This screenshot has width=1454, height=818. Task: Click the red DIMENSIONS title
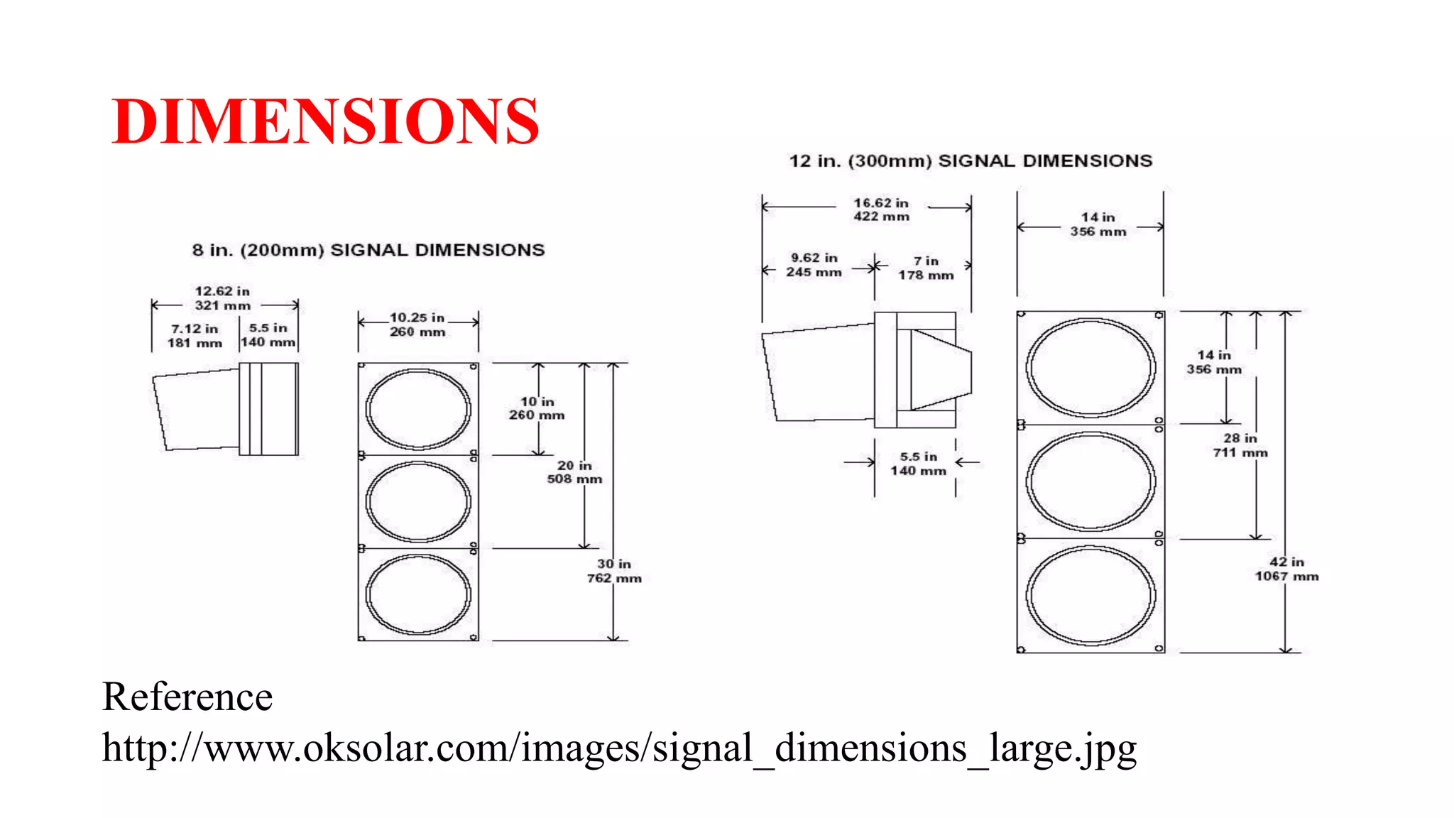[325, 121]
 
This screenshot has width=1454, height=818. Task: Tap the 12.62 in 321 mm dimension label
[222, 298]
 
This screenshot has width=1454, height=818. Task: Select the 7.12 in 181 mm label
[195, 336]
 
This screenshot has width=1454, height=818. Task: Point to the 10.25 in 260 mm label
[417, 325]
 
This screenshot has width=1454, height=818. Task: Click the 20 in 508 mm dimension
[574, 472]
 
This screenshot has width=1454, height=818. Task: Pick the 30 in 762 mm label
[614, 571]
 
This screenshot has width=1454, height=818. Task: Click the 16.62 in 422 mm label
[881, 209]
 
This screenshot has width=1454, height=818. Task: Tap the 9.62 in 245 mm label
[814, 265]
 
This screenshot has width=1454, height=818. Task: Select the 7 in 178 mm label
[926, 268]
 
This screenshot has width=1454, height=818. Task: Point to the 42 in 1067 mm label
[1286, 569]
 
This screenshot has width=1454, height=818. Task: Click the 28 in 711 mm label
[1240, 445]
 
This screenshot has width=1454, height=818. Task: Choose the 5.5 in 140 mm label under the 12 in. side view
[918, 464]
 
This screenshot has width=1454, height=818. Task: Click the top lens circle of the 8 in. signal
[418, 409]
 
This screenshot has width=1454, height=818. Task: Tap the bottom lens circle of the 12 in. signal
[1090, 596]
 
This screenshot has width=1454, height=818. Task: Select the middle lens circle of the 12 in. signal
[1090, 481]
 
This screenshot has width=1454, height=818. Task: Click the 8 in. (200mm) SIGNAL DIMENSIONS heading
[368, 250]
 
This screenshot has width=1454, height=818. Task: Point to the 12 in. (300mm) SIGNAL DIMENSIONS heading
[971, 161]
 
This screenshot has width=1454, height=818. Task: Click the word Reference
[187, 697]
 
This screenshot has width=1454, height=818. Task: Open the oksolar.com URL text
[619, 748]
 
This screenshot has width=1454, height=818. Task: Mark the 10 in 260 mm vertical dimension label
[537, 408]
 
